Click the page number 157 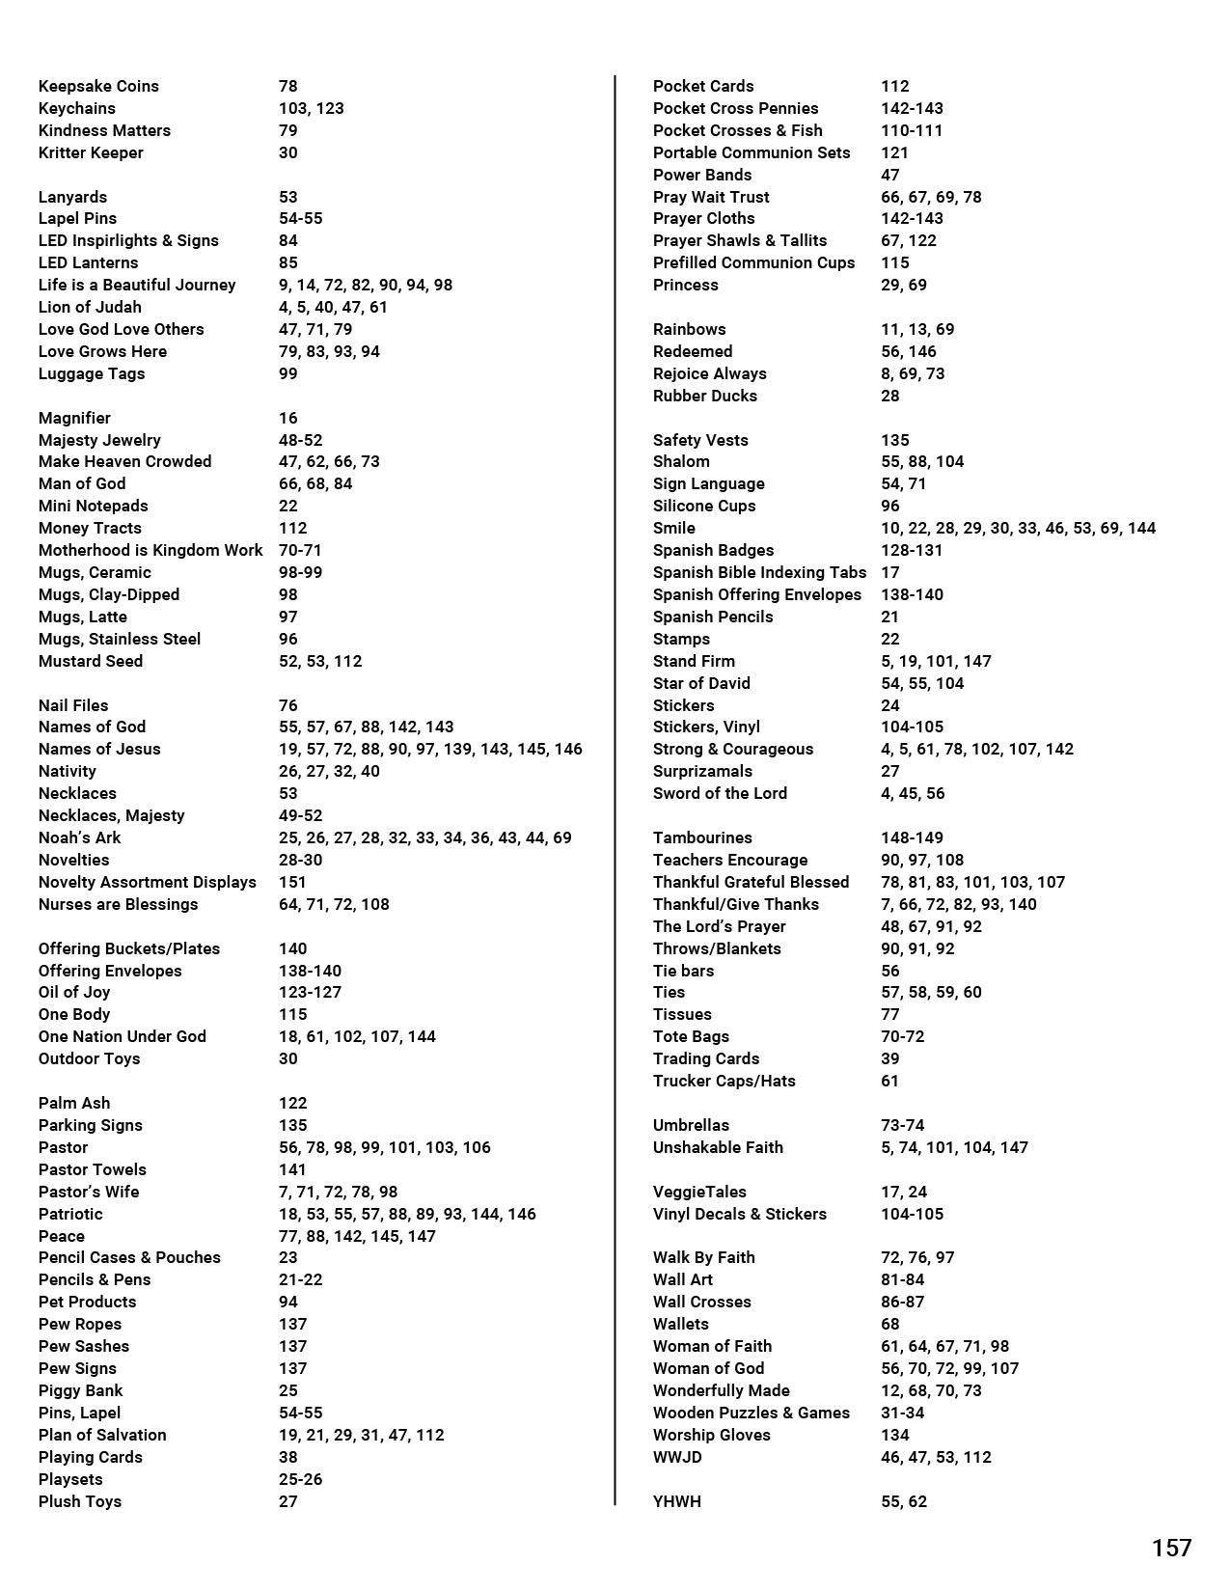click(1171, 1548)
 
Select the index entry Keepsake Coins click(98, 86)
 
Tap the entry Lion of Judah click(90, 307)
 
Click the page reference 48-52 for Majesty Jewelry click(300, 440)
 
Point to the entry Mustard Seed click(91, 661)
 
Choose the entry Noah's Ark click(79, 837)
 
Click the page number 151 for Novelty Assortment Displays click(292, 882)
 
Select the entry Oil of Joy click(74, 992)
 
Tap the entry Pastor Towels click(93, 1169)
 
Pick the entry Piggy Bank click(80, 1390)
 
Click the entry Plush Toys click(80, 1501)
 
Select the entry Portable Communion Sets click(752, 152)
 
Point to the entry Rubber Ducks click(705, 396)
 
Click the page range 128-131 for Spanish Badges click(912, 550)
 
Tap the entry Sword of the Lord click(720, 793)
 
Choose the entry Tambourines click(702, 837)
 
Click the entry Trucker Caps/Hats click(724, 1081)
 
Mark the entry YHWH click(677, 1501)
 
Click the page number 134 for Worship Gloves click(895, 1435)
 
